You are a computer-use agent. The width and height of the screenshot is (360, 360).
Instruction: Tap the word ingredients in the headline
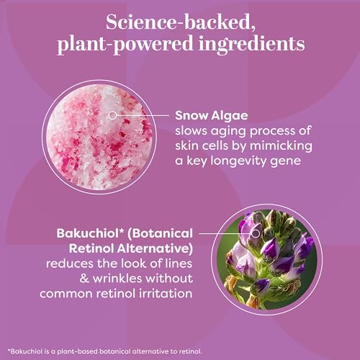point(252,45)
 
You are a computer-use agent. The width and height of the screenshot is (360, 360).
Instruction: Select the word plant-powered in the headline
point(125,45)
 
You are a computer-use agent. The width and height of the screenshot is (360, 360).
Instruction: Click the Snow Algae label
point(212,116)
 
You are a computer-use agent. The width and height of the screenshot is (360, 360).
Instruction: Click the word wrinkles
point(117,279)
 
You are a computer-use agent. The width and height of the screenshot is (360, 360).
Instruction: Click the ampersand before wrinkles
point(84,279)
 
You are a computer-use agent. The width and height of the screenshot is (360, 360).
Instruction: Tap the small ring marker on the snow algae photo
point(112,115)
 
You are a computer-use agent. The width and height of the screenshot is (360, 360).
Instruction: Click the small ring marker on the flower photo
point(256,233)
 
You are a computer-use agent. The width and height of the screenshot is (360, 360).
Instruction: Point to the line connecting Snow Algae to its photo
point(143,115)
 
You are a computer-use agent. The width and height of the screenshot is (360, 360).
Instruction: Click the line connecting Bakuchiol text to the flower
point(225,233)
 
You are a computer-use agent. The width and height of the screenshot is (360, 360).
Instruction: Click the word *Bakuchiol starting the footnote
point(25,351)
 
